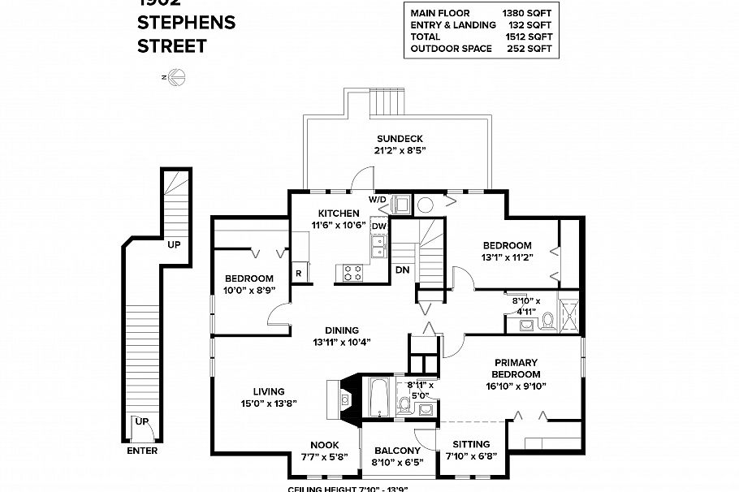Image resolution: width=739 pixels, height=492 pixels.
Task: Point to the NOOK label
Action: [x=324, y=445]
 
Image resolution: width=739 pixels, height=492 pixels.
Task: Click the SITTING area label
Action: [x=471, y=444]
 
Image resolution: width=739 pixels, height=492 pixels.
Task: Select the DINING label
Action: [x=342, y=330]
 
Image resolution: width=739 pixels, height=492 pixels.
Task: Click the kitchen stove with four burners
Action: [x=353, y=273]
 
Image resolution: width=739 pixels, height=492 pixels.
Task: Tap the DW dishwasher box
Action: [x=378, y=227]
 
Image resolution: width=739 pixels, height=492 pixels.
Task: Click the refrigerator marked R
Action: [x=299, y=274]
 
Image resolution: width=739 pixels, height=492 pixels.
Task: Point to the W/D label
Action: [x=378, y=199]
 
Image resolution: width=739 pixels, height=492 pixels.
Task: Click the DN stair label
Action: [x=402, y=270]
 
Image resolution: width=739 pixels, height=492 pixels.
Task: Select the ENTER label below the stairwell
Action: [x=142, y=451]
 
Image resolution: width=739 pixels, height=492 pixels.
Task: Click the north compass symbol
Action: [x=176, y=77]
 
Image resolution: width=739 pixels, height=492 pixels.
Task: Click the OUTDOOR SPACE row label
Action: [x=451, y=49]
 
